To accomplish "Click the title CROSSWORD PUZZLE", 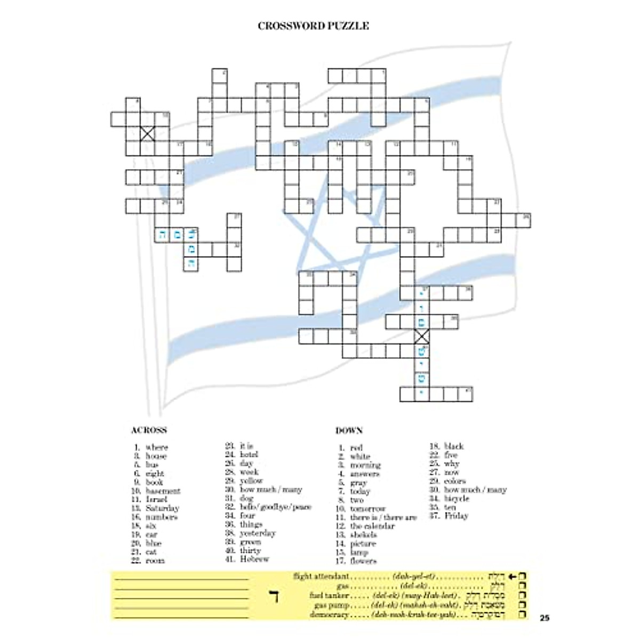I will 313,26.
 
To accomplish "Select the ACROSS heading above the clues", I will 149,430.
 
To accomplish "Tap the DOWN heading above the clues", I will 349,430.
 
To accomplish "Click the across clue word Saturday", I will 163,508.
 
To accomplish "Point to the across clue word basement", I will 163,491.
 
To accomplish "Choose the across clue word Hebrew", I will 254,559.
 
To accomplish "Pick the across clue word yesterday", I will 258,533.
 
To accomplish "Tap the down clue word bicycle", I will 457,498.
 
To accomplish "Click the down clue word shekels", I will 364,534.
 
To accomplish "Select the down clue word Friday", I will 456,516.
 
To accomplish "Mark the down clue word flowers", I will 364,561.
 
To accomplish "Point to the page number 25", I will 544,619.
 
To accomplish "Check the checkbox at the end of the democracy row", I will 523,615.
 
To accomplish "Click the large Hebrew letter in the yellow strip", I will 275,595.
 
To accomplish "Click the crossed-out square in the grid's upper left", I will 148,133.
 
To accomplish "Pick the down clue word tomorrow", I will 368,509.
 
